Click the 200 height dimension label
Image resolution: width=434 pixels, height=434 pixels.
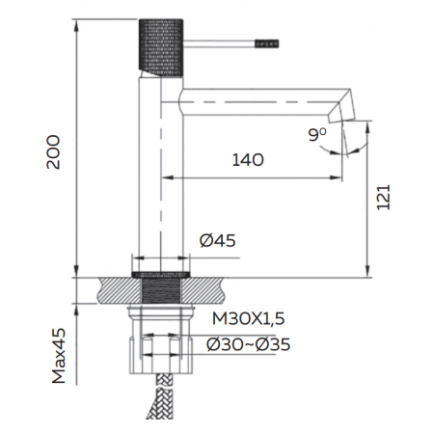pyautogui.click(x=53, y=152)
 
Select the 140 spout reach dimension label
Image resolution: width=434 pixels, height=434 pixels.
pyautogui.click(x=248, y=160)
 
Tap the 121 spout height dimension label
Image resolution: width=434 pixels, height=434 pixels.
pyautogui.click(x=383, y=198)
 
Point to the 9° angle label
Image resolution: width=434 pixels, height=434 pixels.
pyautogui.click(x=317, y=135)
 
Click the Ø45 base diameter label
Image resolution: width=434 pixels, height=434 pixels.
pyautogui.click(x=218, y=240)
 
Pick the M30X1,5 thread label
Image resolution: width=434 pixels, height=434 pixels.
pyautogui.click(x=249, y=318)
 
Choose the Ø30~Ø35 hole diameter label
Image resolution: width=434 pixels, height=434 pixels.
pyautogui.click(x=249, y=344)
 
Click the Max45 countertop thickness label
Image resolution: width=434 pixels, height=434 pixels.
pyautogui.click(x=59, y=356)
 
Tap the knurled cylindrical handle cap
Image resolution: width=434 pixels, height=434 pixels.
pyautogui.click(x=161, y=47)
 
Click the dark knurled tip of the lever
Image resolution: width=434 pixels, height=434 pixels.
pyautogui.click(x=267, y=43)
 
